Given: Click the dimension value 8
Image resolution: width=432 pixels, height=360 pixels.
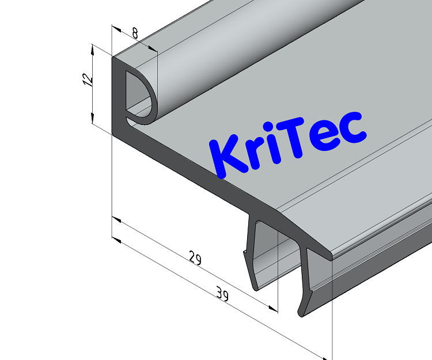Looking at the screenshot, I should (135, 33).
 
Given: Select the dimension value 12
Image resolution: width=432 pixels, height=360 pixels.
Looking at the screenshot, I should (87, 79).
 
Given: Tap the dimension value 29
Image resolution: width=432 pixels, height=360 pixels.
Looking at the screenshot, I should (195, 259).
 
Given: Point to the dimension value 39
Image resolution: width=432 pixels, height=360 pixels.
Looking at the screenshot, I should (222, 296).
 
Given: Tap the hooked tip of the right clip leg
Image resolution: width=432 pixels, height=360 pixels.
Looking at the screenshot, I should (302, 308).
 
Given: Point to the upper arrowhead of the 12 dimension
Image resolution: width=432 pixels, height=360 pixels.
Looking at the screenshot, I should (93, 48).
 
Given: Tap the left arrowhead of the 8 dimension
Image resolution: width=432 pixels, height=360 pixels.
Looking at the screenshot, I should (116, 28).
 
